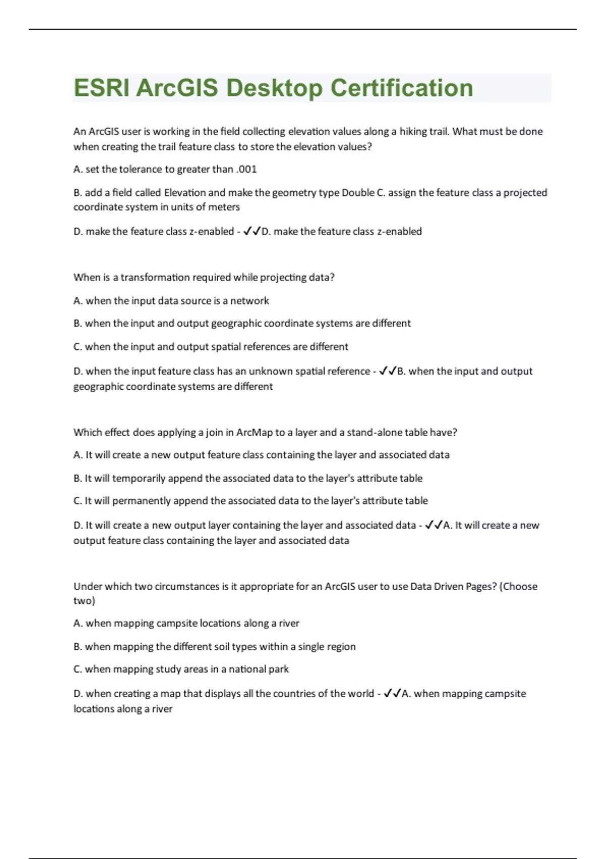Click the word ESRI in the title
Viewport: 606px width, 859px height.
102,88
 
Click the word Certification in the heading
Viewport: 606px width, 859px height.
402,88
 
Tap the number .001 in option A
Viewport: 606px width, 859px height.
246,169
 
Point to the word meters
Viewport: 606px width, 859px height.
225,207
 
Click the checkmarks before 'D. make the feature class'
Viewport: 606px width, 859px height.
251,231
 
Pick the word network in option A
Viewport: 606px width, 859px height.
249,301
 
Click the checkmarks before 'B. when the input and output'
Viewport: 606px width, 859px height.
387,371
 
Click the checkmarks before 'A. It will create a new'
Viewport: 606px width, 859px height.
434,526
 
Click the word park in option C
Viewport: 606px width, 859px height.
278,670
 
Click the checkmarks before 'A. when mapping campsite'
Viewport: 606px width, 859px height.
392,694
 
